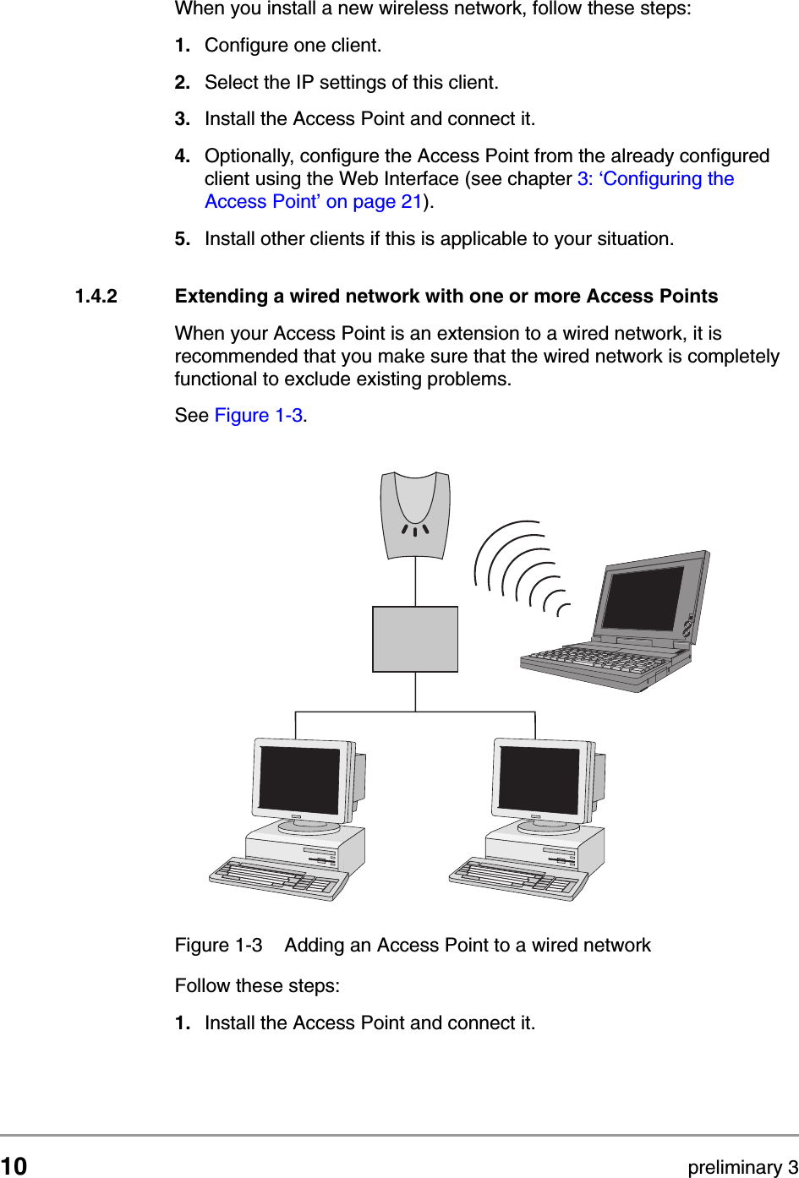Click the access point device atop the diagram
(x=414, y=514)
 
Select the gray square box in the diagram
(x=414, y=639)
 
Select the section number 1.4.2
(x=96, y=297)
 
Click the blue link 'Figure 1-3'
(x=258, y=416)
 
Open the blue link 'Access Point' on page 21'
(x=313, y=202)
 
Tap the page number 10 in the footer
(x=14, y=1166)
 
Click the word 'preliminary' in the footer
(x=735, y=1167)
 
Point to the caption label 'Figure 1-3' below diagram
(x=218, y=946)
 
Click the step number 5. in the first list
(x=183, y=239)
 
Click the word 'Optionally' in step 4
(x=249, y=156)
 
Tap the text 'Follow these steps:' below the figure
(x=257, y=986)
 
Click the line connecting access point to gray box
(x=415, y=583)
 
